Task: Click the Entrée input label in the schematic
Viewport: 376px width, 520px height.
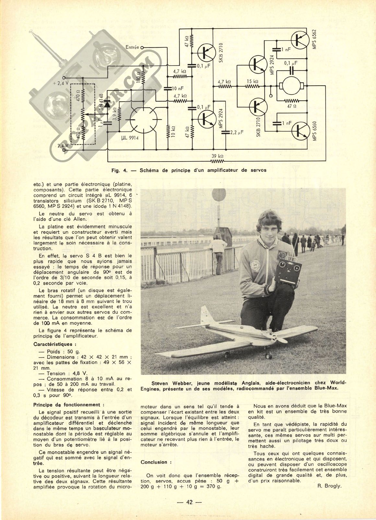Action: pos(133,47)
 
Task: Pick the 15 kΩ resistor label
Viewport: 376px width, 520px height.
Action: pos(253,81)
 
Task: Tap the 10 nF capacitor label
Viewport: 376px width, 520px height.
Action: pos(178,88)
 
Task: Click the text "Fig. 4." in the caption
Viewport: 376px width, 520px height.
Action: pos(118,170)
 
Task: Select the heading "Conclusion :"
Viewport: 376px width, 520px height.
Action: pos(154,462)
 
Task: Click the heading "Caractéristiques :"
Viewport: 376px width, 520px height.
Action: pos(55,344)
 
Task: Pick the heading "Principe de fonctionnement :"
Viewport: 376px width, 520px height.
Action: pos(69,405)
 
